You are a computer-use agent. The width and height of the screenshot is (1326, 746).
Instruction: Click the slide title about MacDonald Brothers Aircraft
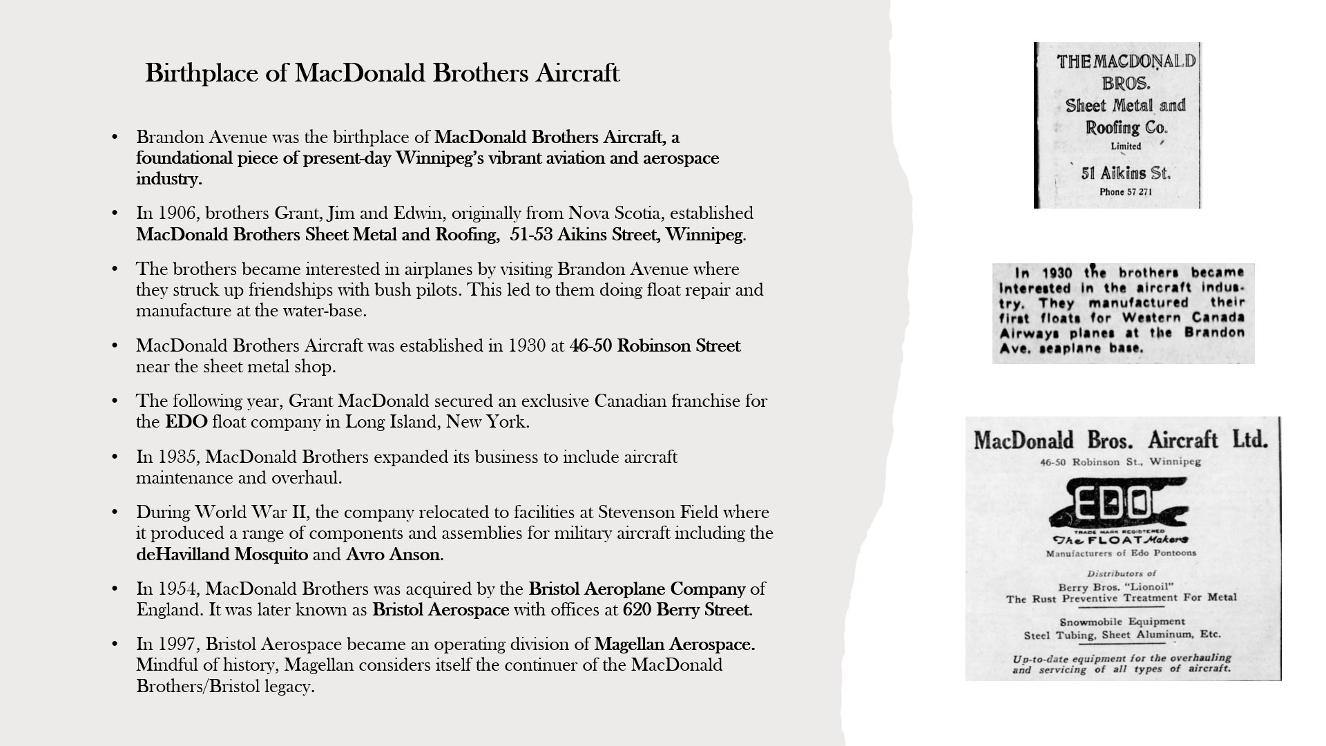[x=382, y=73]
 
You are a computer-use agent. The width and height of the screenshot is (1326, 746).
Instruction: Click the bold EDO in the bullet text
[x=186, y=422]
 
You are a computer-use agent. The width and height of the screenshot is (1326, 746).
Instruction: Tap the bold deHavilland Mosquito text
[x=222, y=555]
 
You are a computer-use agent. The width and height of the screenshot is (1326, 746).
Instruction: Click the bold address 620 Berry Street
[x=686, y=610]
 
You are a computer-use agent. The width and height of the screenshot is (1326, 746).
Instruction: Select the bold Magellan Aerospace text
[x=674, y=644]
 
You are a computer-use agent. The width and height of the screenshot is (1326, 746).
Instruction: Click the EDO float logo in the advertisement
[x=1117, y=508]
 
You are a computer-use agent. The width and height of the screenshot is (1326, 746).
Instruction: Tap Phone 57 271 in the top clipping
[x=1126, y=192]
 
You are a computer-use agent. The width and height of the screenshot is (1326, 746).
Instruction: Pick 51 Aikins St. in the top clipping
[x=1125, y=173]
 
